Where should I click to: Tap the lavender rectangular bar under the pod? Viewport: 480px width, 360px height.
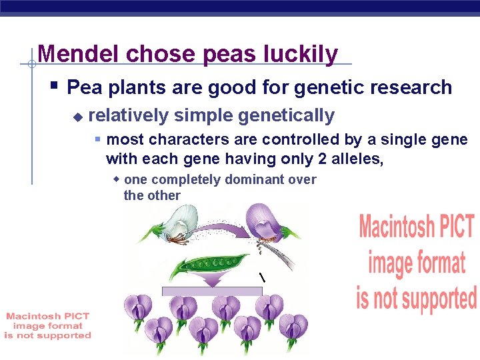212,291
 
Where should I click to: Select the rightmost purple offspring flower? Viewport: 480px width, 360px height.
293,328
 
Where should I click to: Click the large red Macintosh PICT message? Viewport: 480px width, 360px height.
417,262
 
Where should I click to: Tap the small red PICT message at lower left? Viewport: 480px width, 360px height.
47,326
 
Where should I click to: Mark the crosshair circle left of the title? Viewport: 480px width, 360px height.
31,65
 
